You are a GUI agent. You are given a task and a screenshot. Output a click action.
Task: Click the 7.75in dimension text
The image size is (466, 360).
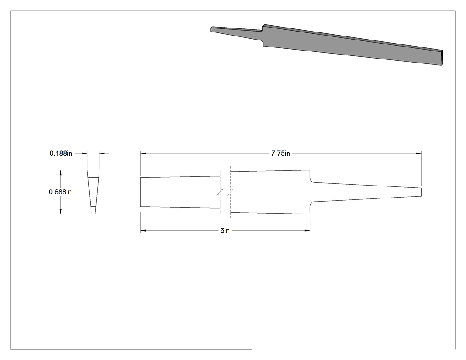point(280,154)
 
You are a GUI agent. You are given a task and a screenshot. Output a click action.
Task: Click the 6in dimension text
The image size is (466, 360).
point(225,231)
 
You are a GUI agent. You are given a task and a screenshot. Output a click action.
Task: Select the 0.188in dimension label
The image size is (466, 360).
point(61,154)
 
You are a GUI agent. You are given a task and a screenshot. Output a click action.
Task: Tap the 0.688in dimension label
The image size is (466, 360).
point(60,192)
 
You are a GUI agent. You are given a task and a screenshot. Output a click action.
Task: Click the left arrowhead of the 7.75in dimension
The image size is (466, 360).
point(143,154)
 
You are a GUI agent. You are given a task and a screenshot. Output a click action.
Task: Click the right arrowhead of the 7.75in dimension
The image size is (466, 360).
point(419,154)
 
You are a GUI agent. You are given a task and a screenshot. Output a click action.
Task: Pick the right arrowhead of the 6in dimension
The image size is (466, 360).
point(308,230)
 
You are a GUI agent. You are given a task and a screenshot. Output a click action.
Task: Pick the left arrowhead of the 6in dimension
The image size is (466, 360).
point(143,230)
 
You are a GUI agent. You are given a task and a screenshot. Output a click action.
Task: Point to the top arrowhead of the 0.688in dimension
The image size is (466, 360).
point(61,173)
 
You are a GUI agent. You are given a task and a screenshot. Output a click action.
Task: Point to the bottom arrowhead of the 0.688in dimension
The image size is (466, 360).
point(61,211)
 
